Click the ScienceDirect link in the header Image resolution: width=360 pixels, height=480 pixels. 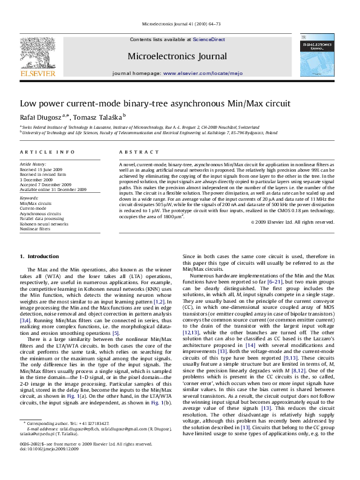point(209,39)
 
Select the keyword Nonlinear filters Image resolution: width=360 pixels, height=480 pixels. point(36,230)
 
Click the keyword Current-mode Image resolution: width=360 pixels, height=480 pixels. point(34,208)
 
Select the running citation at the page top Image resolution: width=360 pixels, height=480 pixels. point(180,24)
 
